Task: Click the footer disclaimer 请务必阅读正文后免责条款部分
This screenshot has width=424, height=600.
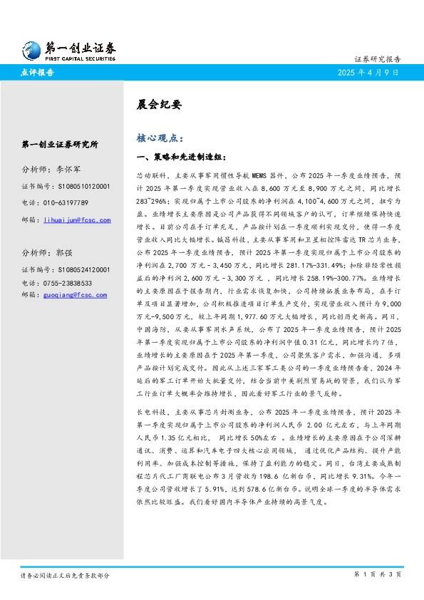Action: pyautogui.click(x=65, y=574)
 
